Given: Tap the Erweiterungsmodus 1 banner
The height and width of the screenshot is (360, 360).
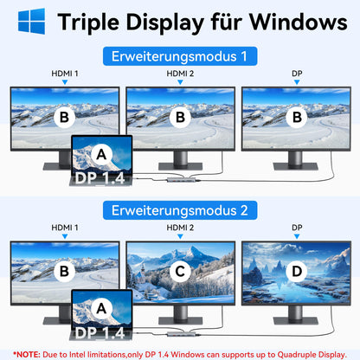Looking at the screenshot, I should click(x=180, y=57).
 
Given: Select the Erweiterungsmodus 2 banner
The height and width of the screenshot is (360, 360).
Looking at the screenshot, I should click(x=180, y=209).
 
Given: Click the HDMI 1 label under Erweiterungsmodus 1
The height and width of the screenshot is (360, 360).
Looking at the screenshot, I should click(x=64, y=74).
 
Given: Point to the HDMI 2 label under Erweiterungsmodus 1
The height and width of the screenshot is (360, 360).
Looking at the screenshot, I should click(x=180, y=74).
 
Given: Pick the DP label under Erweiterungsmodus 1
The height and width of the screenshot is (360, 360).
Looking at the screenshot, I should click(x=296, y=74).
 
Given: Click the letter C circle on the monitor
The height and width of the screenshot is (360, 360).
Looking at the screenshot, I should click(x=180, y=271).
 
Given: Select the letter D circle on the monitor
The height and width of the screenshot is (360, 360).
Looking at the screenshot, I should click(x=296, y=271).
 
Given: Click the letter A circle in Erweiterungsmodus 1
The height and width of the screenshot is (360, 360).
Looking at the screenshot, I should click(x=101, y=154).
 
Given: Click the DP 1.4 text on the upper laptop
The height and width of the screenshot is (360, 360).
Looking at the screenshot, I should click(x=101, y=178).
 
